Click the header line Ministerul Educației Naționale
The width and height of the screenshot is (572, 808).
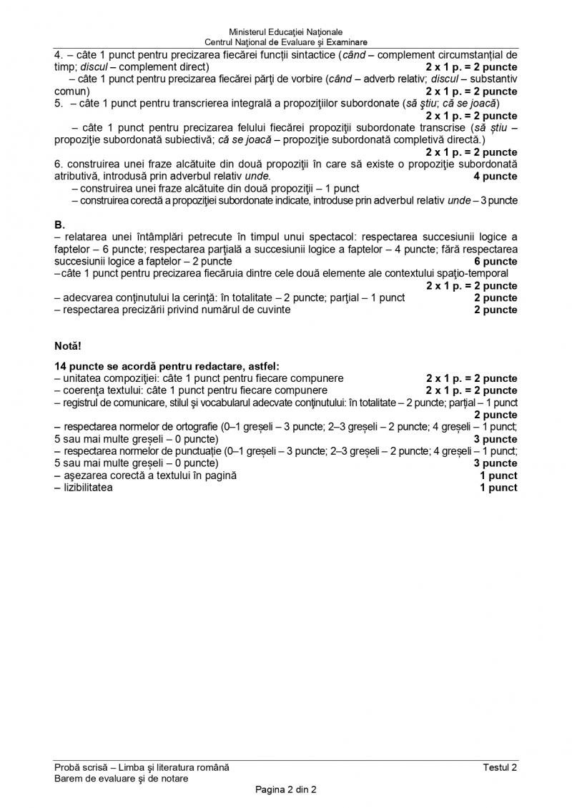coord(285,32)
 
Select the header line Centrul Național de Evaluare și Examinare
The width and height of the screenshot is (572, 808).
coord(285,42)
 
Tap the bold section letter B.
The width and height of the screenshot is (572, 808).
coord(59,225)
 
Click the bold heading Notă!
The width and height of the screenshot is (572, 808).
coord(68,346)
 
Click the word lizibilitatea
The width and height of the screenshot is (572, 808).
coord(83,488)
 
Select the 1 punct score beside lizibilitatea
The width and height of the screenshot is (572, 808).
coord(498,488)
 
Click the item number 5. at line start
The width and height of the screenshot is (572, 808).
coord(59,103)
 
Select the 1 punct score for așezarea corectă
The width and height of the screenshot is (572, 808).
coord(498,476)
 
